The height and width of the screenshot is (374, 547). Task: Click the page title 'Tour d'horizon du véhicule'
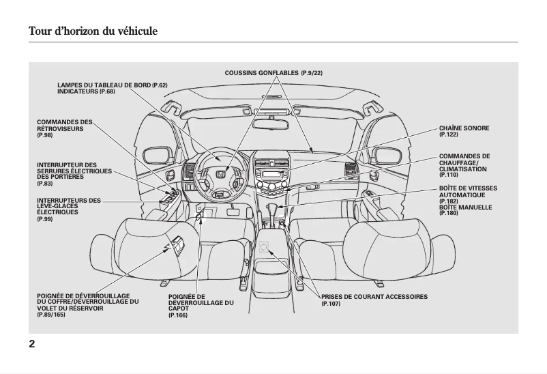(93, 31)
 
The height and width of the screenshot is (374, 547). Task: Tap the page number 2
(32, 343)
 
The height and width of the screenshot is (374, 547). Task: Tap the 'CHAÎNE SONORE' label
(464, 128)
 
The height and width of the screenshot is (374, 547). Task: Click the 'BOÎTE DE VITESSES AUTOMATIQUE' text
(468, 191)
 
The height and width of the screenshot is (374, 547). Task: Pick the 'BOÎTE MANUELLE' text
(465, 207)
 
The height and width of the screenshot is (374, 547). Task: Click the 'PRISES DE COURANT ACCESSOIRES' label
(374, 297)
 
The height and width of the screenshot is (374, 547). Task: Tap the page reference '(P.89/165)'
(51, 314)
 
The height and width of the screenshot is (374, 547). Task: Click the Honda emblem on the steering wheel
(220, 175)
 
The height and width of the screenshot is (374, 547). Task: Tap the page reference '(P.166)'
(178, 315)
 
